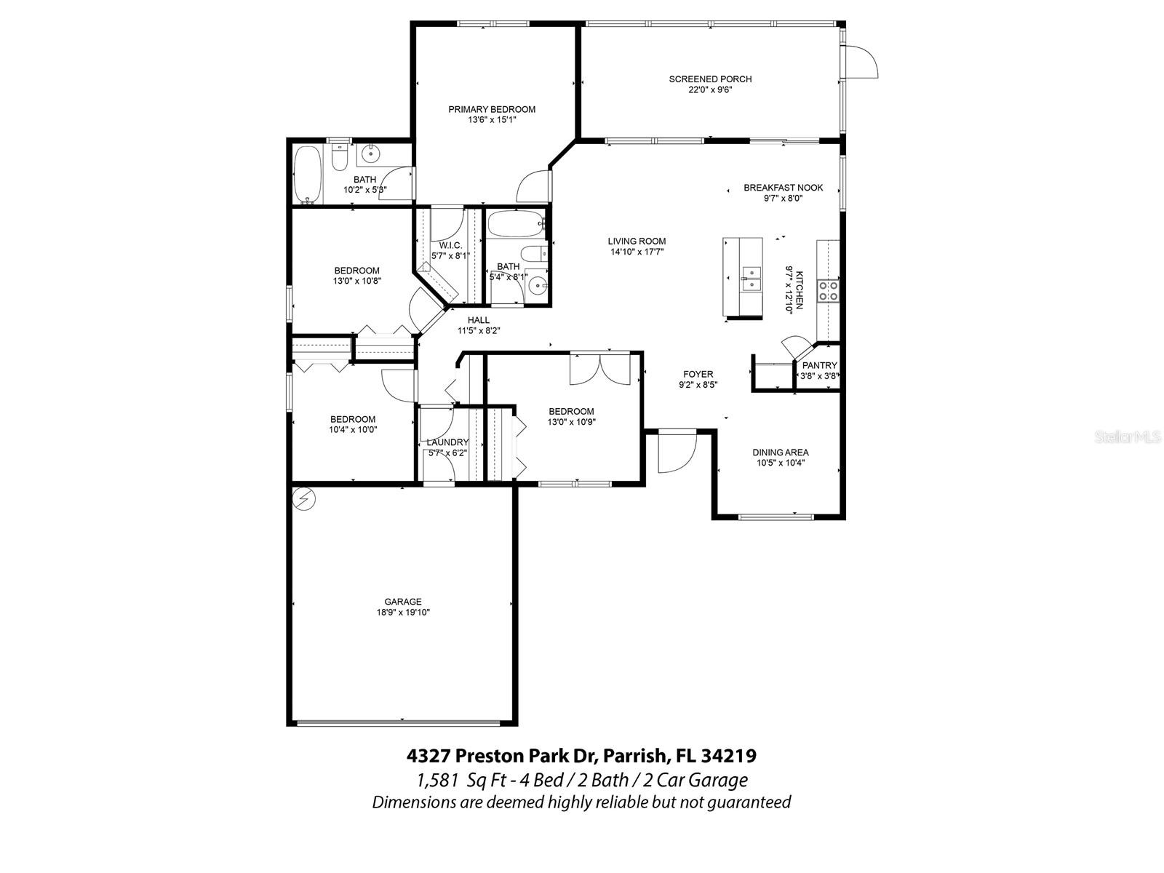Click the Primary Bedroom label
click(x=491, y=109)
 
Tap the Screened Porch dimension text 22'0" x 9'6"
click(x=710, y=90)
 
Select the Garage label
click(x=403, y=602)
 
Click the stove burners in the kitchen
click(x=828, y=291)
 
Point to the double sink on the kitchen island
click(x=750, y=277)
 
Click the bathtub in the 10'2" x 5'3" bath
click(x=308, y=175)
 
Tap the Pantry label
click(x=819, y=365)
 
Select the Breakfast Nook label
click(x=783, y=188)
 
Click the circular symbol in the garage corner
click(x=303, y=499)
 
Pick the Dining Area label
click(x=780, y=453)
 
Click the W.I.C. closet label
click(x=450, y=245)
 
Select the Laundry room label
click(x=447, y=442)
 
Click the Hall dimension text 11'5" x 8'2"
click(x=478, y=330)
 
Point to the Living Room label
click(x=637, y=242)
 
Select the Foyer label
click(x=698, y=375)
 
